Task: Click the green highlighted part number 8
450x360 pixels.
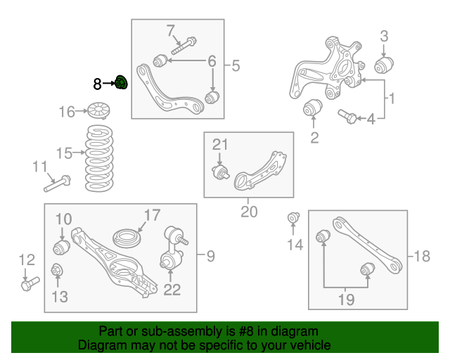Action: point(120,83)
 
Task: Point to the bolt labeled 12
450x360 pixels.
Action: point(30,284)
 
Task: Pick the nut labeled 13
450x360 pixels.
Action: point(58,270)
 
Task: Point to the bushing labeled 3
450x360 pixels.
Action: point(383,66)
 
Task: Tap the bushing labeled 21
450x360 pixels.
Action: point(221,172)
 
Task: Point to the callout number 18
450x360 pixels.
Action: point(421,257)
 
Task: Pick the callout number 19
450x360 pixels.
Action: point(345,300)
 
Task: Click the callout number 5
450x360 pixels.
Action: point(235,66)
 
